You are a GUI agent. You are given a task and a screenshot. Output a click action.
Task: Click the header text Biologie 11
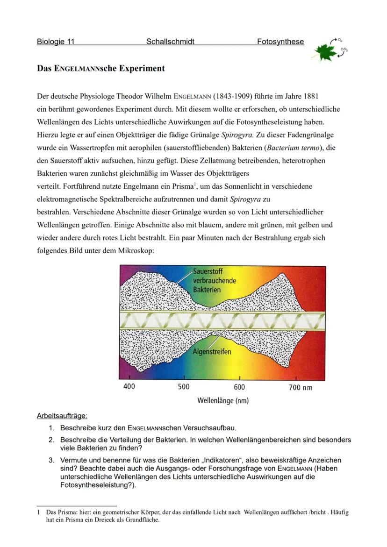[x=55, y=42]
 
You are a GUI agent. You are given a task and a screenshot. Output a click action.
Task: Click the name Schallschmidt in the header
[x=170, y=42]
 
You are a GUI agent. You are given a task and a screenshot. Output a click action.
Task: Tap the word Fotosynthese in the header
[x=280, y=42]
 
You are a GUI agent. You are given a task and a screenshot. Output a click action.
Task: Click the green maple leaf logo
[x=326, y=52]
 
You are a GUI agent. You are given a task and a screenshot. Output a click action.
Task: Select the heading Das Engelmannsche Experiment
[x=100, y=68]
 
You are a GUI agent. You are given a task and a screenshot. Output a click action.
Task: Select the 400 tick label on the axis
[x=129, y=387]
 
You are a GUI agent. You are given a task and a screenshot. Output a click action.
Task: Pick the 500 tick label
[x=184, y=387]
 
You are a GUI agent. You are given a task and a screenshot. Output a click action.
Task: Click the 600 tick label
[x=239, y=387]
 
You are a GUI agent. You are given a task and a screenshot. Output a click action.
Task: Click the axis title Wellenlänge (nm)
[x=222, y=400]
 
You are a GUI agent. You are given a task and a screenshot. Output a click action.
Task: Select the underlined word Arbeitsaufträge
[x=62, y=415]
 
